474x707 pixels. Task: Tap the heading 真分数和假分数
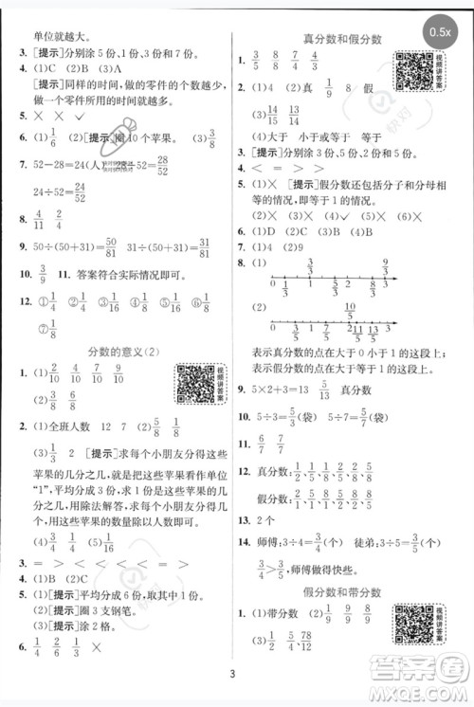pyautogui.click(x=341, y=38)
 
